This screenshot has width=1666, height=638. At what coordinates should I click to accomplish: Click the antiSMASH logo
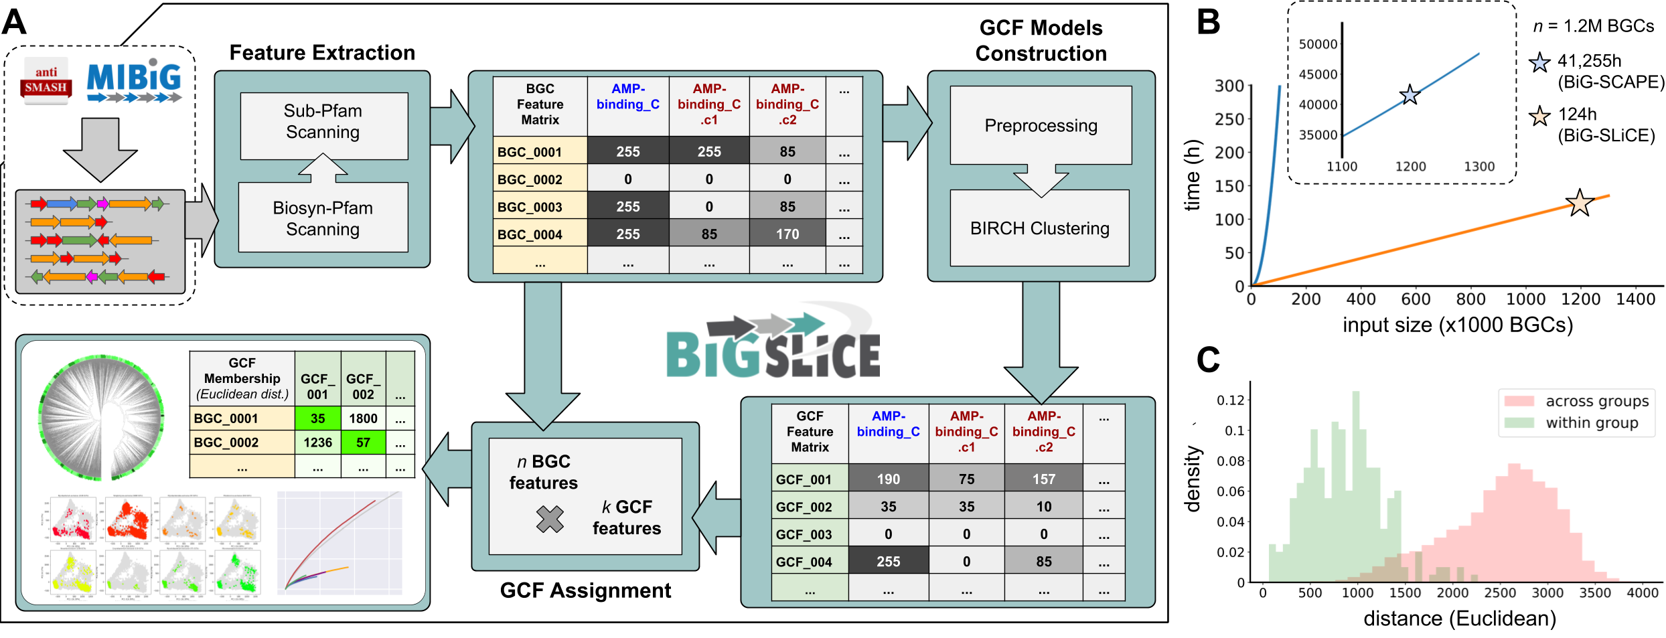pos(46,81)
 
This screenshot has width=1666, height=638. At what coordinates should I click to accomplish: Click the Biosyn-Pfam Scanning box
pos(323,218)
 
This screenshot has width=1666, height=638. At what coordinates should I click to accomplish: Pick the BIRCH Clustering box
pos(1039,228)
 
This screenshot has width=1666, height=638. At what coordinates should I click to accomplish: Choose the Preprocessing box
pos(1041,125)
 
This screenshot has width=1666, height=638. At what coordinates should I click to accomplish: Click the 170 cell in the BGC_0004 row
pos(787,234)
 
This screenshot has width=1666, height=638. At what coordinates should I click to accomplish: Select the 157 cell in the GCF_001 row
pos(1043,478)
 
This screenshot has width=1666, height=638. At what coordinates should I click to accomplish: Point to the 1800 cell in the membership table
pos(363,418)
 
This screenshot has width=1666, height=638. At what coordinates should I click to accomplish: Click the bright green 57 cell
pos(363,442)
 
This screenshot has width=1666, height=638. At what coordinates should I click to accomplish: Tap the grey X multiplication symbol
pos(550,519)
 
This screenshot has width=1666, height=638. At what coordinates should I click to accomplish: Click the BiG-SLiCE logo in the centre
pos(773,348)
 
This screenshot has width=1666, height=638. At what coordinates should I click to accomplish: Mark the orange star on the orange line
pos(1580,203)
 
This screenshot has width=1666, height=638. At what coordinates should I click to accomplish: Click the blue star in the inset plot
pos(1410,95)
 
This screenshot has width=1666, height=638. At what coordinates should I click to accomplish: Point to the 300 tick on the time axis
pos(1229,86)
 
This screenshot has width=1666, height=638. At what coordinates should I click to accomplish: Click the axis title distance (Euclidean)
pos(1459,618)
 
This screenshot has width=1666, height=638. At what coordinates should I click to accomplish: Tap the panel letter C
pos(1208,360)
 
